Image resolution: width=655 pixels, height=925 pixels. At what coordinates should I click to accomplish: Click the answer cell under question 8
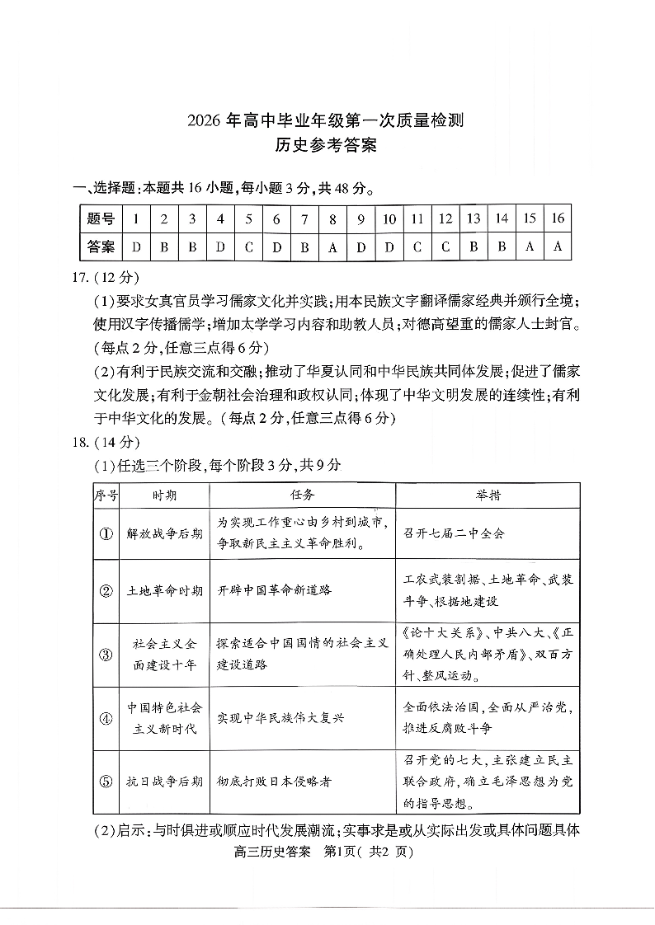tap(332, 246)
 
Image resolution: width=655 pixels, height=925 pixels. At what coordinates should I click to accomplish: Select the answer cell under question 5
tap(248, 246)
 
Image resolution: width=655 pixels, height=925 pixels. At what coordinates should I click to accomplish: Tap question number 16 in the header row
tap(558, 218)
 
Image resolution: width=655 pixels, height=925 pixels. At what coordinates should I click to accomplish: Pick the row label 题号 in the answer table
tap(101, 218)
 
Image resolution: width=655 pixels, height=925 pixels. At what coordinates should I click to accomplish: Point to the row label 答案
tap(101, 246)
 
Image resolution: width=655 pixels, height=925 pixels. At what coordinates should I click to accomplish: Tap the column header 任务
tap(302, 495)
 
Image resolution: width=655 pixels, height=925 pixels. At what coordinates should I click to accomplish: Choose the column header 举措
tap(488, 495)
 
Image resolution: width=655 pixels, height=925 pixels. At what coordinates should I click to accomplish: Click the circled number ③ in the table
tap(106, 655)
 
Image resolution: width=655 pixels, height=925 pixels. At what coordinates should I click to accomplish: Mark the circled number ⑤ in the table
tap(106, 782)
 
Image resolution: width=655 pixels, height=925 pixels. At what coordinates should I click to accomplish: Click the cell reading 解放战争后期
tap(164, 533)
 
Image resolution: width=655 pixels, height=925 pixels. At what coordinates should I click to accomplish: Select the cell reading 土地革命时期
tap(164, 591)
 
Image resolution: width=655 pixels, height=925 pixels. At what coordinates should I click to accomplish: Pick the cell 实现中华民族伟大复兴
tap(280, 718)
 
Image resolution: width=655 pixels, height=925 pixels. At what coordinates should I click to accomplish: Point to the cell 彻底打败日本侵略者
tap(274, 782)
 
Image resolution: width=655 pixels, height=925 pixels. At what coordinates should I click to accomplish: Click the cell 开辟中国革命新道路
tap(275, 591)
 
